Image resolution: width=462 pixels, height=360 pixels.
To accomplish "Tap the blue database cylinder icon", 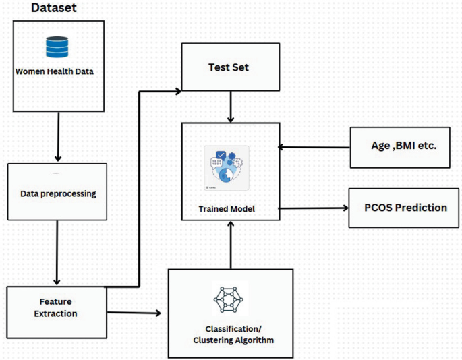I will (59, 47).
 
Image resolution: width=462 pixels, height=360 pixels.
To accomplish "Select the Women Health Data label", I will (59, 72).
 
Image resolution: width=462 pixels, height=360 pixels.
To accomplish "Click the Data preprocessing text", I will (57, 193).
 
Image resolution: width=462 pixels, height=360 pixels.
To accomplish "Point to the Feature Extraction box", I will (57, 307).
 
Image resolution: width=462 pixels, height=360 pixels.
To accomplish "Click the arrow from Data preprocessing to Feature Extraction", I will (57, 252).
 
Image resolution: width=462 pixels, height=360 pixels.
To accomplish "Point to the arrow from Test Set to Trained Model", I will (231, 107).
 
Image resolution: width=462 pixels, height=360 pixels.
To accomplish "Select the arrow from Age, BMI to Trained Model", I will (315, 146).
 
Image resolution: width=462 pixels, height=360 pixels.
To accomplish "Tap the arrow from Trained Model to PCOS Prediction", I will (312, 208).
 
